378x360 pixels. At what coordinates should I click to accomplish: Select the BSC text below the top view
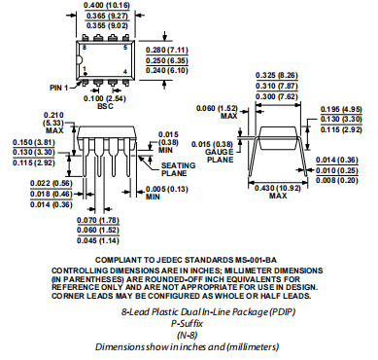coord(104,107)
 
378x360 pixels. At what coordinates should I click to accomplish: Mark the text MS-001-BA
coord(223,258)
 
